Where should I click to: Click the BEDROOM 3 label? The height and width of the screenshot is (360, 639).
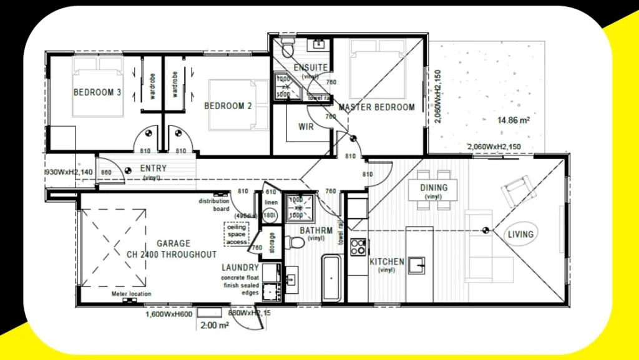pyautogui.click(x=97, y=93)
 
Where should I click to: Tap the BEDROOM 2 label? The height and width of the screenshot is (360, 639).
pyautogui.click(x=228, y=106)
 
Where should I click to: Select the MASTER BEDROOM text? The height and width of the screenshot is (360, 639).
pyautogui.click(x=376, y=107)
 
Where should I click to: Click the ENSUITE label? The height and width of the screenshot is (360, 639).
pyautogui.click(x=310, y=67)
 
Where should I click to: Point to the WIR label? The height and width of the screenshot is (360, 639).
pyautogui.click(x=306, y=127)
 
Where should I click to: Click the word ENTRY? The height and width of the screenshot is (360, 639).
pyautogui.click(x=153, y=168)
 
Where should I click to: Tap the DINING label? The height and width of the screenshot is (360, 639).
pyautogui.click(x=434, y=188)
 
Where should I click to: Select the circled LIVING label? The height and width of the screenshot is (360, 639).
pyautogui.click(x=520, y=235)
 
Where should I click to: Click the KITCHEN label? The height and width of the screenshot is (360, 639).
pyautogui.click(x=387, y=261)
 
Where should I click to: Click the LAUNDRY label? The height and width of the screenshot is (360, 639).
pyautogui.click(x=240, y=268)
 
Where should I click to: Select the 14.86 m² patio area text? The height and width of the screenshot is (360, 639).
pyautogui.click(x=513, y=120)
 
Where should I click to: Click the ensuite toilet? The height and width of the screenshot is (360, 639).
pyautogui.click(x=288, y=47)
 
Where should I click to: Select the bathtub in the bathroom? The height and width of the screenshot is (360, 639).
pyautogui.click(x=331, y=277)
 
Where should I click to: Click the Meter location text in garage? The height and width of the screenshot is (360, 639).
pyautogui.click(x=131, y=294)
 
